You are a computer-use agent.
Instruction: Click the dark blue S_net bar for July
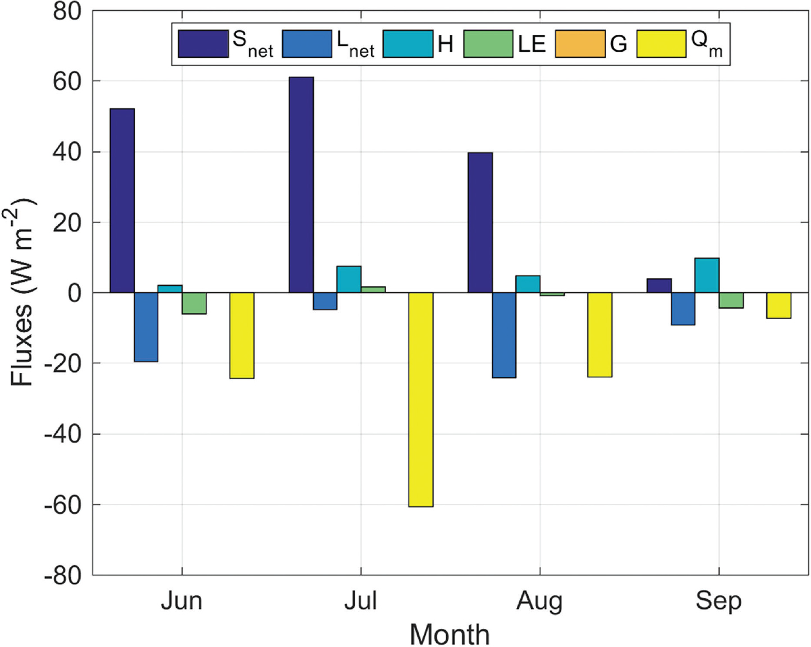[301, 184]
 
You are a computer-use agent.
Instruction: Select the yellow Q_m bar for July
[420, 400]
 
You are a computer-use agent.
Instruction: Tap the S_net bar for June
[122, 200]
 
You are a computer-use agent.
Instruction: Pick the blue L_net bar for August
[504, 335]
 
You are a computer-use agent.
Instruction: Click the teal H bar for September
[707, 275]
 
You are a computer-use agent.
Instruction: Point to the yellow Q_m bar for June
[242, 335]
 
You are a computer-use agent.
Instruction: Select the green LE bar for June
[194, 303]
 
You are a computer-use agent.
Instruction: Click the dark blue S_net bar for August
[480, 223]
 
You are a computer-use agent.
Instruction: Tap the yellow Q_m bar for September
[778, 306]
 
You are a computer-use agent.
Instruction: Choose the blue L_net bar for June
[146, 327]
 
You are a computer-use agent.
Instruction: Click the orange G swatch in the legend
[580, 44]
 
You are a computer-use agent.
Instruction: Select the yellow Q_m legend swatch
[661, 44]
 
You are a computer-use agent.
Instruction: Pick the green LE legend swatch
[488, 44]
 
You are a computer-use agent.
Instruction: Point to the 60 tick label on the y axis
[67, 81]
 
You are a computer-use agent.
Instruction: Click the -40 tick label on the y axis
[63, 435]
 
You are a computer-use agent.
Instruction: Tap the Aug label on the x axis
[539, 602]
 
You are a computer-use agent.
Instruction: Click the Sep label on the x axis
[718, 602]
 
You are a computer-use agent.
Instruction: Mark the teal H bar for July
[349, 279]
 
